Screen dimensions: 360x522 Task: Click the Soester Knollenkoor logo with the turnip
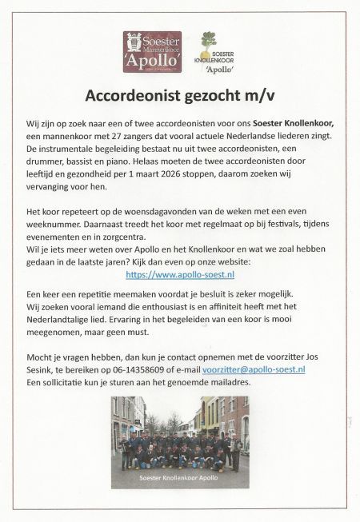point(210,52)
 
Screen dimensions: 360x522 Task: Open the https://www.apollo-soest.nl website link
point(180,274)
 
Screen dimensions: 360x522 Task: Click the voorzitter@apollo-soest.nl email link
point(265,370)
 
